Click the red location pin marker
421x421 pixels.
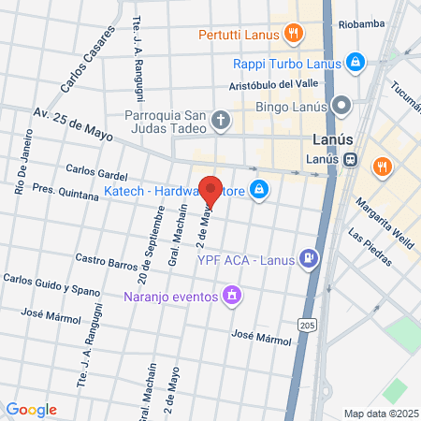[x=210, y=190]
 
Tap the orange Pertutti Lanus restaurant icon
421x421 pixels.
[x=294, y=36]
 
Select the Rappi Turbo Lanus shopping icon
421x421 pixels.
[x=355, y=63]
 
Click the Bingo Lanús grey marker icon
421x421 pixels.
[x=342, y=105]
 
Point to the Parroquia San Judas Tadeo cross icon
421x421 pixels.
[x=220, y=119]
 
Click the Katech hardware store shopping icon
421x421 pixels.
[x=259, y=193]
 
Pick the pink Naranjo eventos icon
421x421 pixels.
[x=231, y=298]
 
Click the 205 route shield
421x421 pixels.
[x=307, y=324]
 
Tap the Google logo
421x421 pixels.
[x=31, y=409]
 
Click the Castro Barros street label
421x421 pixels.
[x=106, y=259]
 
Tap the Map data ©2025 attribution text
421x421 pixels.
[x=380, y=413]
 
